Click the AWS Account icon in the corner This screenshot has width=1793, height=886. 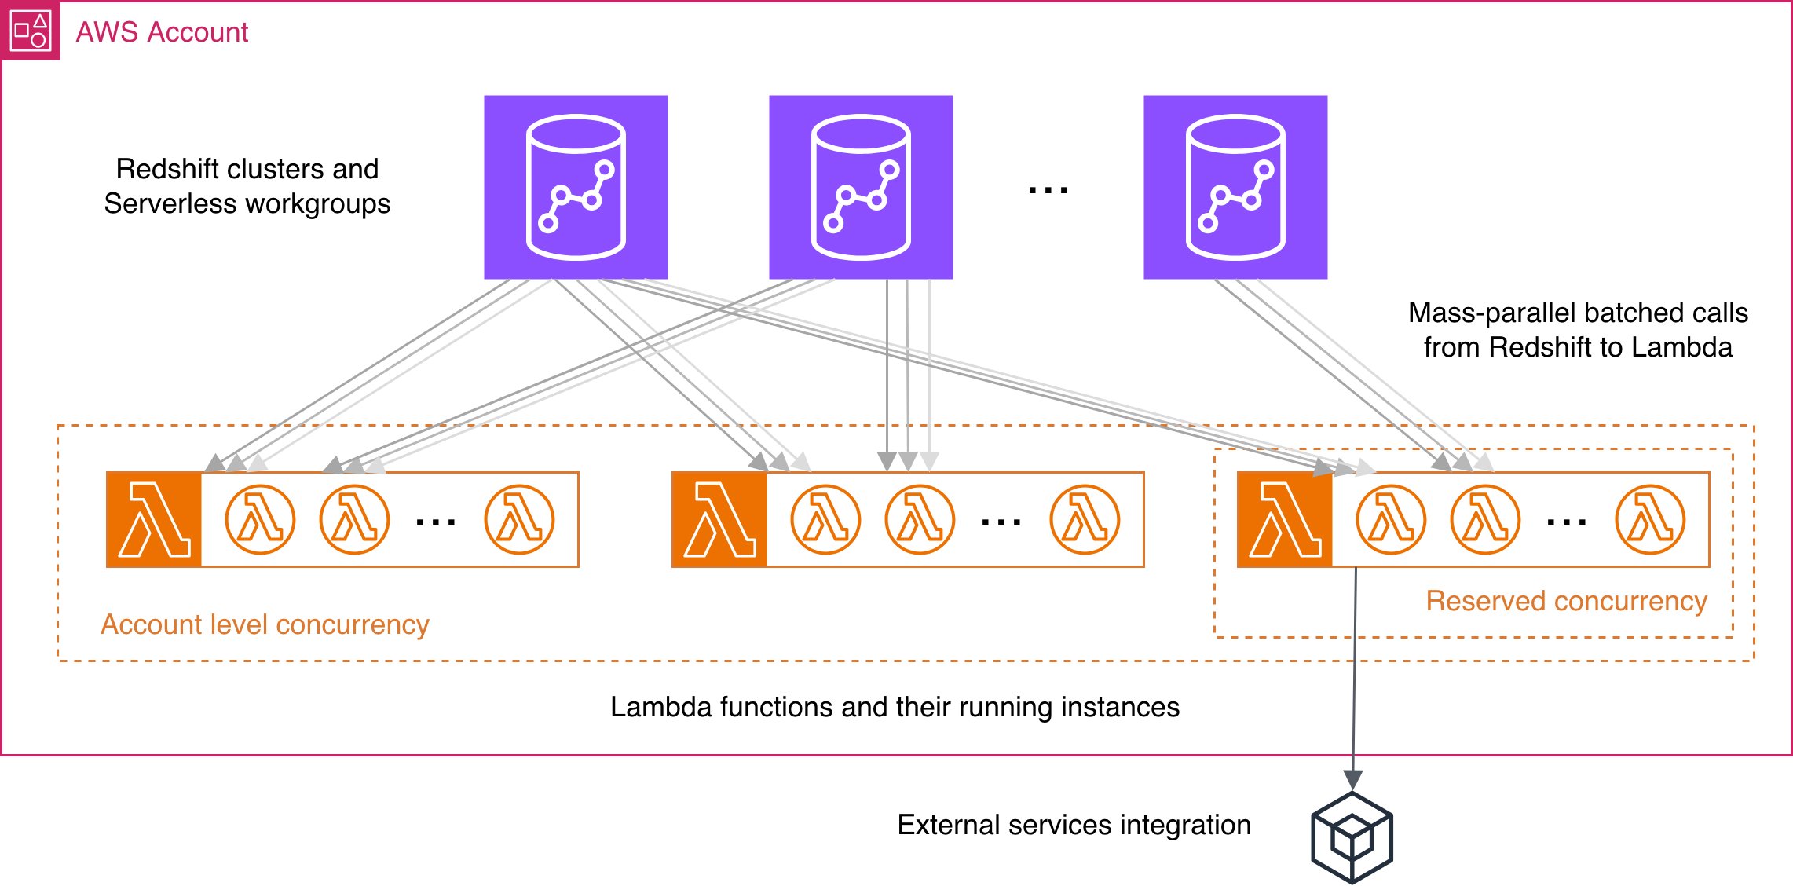[x=30, y=31]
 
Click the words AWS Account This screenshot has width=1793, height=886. [x=162, y=32]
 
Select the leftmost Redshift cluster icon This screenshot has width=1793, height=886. [x=576, y=187]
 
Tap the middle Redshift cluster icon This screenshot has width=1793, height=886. [x=861, y=187]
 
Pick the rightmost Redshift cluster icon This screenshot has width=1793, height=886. [x=1235, y=187]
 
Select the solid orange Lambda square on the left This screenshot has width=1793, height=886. [x=154, y=519]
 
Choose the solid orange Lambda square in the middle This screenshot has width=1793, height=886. [x=719, y=519]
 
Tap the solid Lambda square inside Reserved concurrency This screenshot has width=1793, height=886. [x=1285, y=519]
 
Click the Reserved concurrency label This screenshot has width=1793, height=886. [x=1566, y=601]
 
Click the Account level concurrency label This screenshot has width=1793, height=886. [x=265, y=624]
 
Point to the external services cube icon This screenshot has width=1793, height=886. [x=1352, y=837]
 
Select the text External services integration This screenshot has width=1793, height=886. [x=1074, y=825]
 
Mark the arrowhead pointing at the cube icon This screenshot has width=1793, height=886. [x=1352, y=779]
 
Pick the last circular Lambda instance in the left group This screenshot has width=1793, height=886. [x=519, y=519]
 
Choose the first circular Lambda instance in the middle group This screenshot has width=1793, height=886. [x=825, y=519]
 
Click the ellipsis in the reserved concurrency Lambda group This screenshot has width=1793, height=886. [x=1566, y=522]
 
